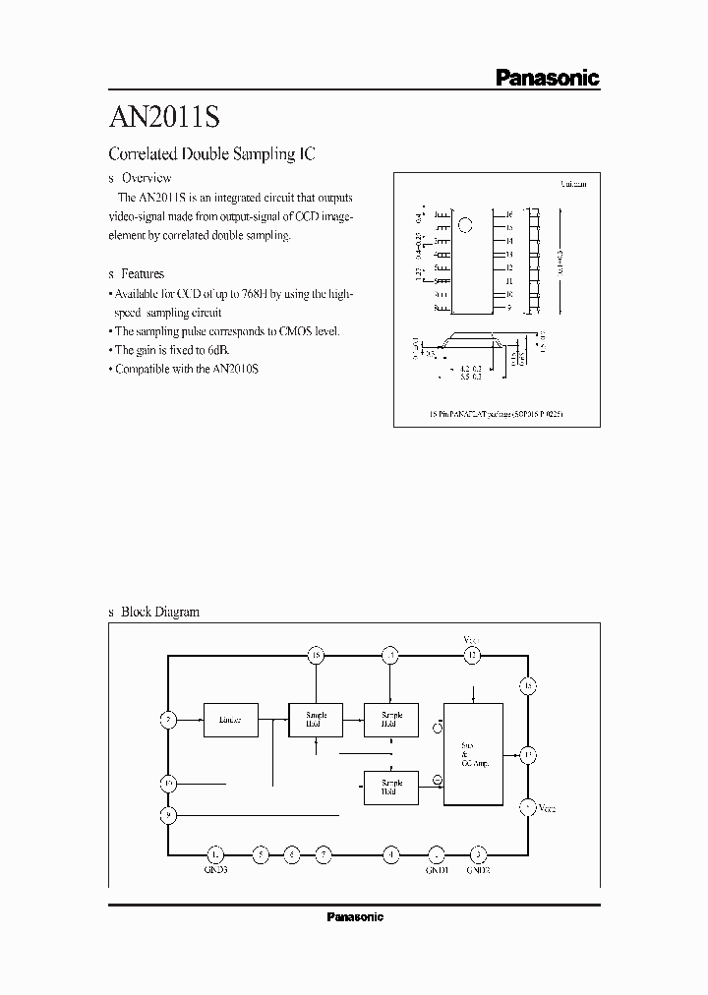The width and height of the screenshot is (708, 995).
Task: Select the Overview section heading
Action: click(x=146, y=178)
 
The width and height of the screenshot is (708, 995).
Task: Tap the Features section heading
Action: click(x=142, y=273)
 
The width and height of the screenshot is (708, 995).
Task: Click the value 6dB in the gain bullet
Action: click(x=219, y=350)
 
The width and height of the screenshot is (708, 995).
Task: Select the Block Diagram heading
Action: click(x=159, y=612)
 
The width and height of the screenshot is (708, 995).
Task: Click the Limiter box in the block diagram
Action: click(x=231, y=720)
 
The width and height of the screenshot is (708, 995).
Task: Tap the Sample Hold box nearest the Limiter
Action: click(x=316, y=720)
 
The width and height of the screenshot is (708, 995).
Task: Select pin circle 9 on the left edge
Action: click(x=168, y=814)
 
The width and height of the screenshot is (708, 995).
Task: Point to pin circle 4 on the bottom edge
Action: click(x=390, y=853)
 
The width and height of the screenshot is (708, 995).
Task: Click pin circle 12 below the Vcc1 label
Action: click(x=473, y=655)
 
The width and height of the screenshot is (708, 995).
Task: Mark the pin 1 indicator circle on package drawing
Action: click(x=468, y=220)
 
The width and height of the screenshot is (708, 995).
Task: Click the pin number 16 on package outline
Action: click(x=508, y=214)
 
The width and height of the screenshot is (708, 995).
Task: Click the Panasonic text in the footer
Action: click(x=354, y=917)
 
